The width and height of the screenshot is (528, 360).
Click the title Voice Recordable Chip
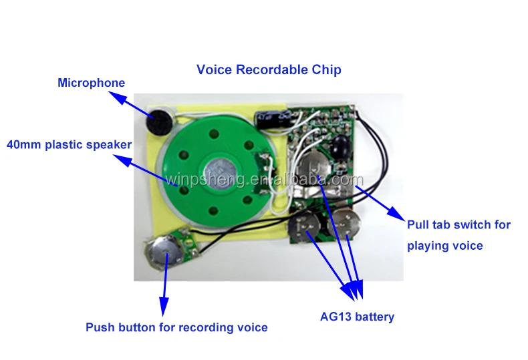(x=269, y=69)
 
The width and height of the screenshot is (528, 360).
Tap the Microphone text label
(x=91, y=83)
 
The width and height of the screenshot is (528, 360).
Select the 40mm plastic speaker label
(x=69, y=144)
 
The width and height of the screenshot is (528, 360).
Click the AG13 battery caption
(x=357, y=317)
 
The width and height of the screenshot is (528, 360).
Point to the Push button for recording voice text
(x=176, y=327)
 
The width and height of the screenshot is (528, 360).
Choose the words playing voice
(x=444, y=246)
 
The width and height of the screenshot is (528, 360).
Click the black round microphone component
(x=156, y=123)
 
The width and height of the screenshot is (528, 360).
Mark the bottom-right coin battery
(x=346, y=224)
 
